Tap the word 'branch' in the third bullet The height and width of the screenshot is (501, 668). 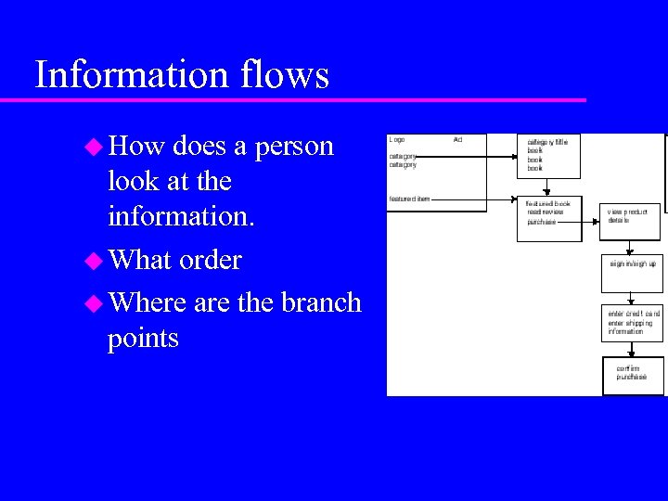[x=320, y=302]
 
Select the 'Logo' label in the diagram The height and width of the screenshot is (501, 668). [x=397, y=140]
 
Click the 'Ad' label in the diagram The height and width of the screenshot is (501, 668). [x=457, y=140]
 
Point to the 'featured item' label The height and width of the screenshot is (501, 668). [x=409, y=199]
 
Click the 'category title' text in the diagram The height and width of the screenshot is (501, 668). [x=547, y=142]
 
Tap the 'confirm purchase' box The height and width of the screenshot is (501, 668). [x=633, y=374]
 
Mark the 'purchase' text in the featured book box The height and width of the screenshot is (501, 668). [x=542, y=222]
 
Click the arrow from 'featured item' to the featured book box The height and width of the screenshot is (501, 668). [x=473, y=199]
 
